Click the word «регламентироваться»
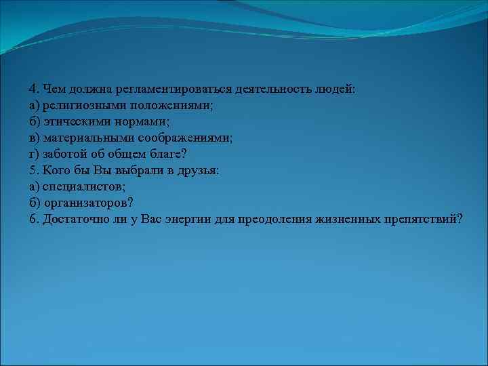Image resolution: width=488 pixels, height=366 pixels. pos(174,89)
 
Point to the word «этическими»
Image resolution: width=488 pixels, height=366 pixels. pos(74,122)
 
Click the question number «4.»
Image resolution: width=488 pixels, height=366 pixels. pos(34,89)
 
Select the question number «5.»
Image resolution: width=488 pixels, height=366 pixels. pos(34,171)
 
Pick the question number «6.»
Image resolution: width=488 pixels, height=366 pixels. pos(34,220)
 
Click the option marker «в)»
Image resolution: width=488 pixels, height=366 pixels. pos(35,138)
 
